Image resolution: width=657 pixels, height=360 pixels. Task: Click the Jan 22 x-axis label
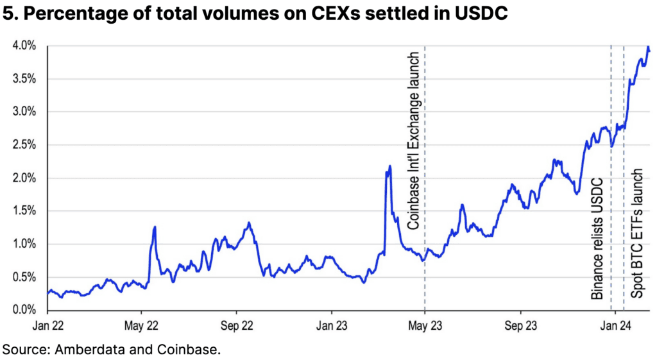(x=49, y=325)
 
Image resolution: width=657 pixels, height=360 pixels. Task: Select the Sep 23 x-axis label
(x=521, y=325)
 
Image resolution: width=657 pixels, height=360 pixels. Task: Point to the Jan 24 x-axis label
(x=615, y=325)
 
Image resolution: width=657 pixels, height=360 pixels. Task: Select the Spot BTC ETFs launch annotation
(x=637, y=232)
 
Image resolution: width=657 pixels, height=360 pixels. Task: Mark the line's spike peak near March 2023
(x=389, y=166)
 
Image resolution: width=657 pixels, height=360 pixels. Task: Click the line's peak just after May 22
(x=155, y=227)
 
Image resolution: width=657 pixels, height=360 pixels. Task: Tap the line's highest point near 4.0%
(x=648, y=47)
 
